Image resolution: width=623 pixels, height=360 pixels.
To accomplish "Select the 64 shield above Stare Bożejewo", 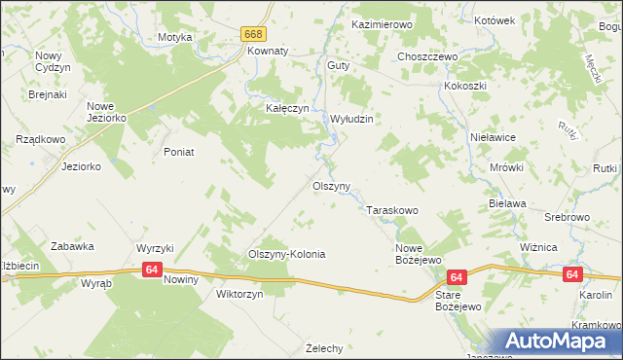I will pyautogui.click(x=458, y=277).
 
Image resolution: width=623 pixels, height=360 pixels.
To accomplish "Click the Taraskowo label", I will pyautogui.click(x=392, y=210).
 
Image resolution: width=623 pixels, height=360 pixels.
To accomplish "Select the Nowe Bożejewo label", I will pyautogui.click(x=419, y=253).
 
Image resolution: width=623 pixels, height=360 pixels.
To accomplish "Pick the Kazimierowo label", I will pyautogui.click(x=383, y=22).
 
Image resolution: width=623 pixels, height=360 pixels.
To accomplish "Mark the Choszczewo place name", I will pyautogui.click(x=427, y=56).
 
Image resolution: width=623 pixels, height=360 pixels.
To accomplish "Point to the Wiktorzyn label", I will pyautogui.click(x=239, y=293).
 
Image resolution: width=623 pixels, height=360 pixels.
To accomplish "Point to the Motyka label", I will pyautogui.click(x=175, y=37).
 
